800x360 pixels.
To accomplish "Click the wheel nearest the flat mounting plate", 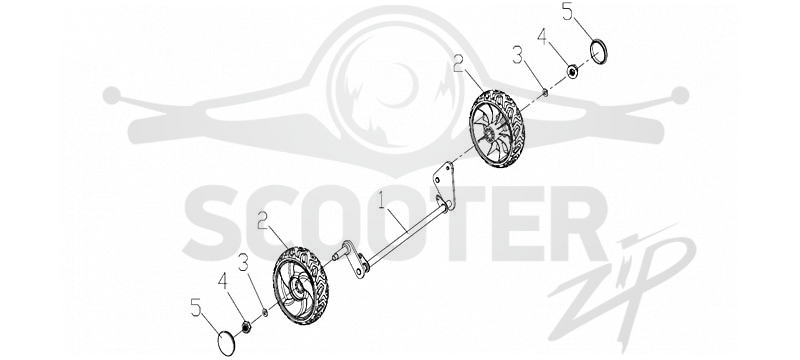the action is tap(496, 128).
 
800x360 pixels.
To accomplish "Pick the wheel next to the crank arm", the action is tap(300, 286).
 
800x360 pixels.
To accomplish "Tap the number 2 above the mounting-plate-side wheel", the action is tap(459, 65).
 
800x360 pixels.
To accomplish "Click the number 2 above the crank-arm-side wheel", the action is tap(263, 221).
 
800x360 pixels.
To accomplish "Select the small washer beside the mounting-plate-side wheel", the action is tap(544, 92).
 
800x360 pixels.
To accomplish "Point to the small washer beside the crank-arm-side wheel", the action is tap(264, 312).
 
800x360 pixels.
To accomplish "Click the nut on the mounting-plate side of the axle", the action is tap(572, 72).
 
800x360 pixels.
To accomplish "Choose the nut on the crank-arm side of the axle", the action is tap(245, 326).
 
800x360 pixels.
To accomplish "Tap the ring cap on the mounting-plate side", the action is tap(598, 52).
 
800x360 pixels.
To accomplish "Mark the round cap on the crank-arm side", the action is tap(226, 343).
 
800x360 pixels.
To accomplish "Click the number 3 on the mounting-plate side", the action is tap(518, 56).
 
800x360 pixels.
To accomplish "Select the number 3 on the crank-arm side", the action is tap(243, 264).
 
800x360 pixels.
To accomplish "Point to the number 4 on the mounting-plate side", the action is tap(542, 37).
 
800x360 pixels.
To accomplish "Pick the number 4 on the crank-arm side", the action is tap(222, 281).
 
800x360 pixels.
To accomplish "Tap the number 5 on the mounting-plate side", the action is tap(568, 11).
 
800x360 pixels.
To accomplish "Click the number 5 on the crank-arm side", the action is tap(196, 307).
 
